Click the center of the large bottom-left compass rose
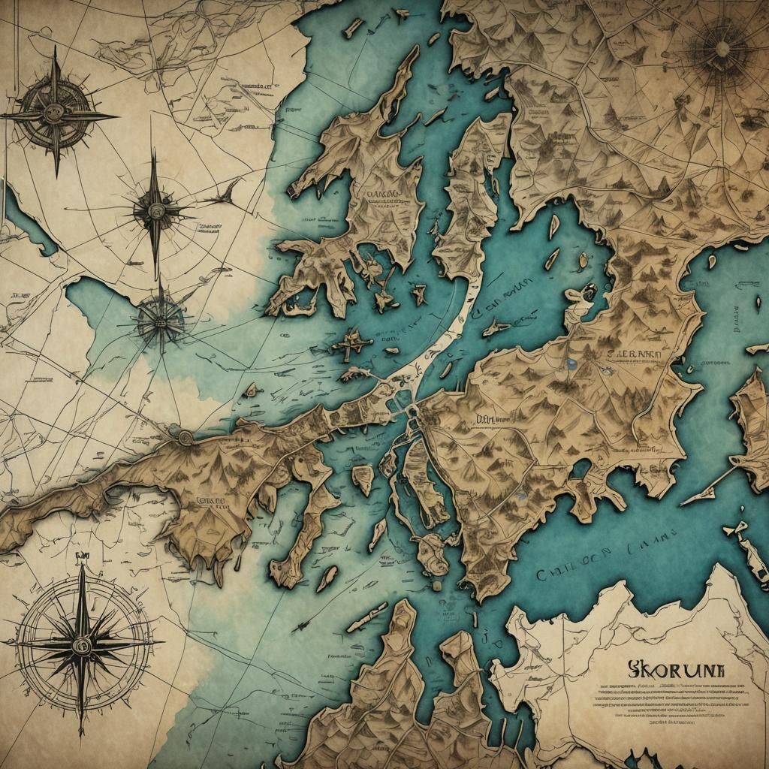click(81, 644)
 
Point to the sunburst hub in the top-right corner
click(722, 49)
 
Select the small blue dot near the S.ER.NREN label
click(572, 363)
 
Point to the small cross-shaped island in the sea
click(352, 344)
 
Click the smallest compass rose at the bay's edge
click(159, 320)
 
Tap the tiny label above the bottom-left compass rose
click(81, 556)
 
